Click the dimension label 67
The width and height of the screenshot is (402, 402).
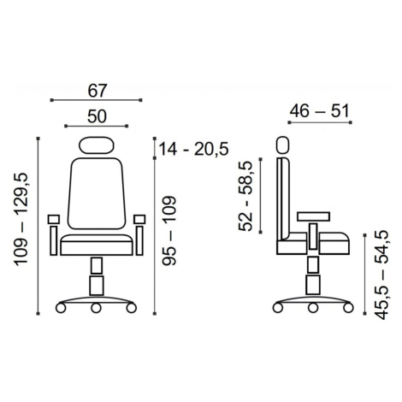pyautogui.click(x=97, y=91)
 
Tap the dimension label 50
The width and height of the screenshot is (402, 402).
pyautogui.click(x=97, y=116)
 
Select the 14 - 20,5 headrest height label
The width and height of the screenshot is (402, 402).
pyautogui.click(x=193, y=149)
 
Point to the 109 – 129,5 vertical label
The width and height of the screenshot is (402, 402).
pyautogui.click(x=21, y=220)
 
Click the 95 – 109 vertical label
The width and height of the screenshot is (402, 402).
pyautogui.click(x=169, y=230)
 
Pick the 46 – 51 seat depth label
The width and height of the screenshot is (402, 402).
pyautogui.click(x=319, y=111)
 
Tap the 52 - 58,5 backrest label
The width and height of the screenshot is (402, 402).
pyautogui.click(x=245, y=196)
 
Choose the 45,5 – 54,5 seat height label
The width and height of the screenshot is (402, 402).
pyautogui.click(x=381, y=275)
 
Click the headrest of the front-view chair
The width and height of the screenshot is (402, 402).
pyautogui.click(x=96, y=145)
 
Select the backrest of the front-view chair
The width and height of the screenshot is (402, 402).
pyautogui.click(x=97, y=193)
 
